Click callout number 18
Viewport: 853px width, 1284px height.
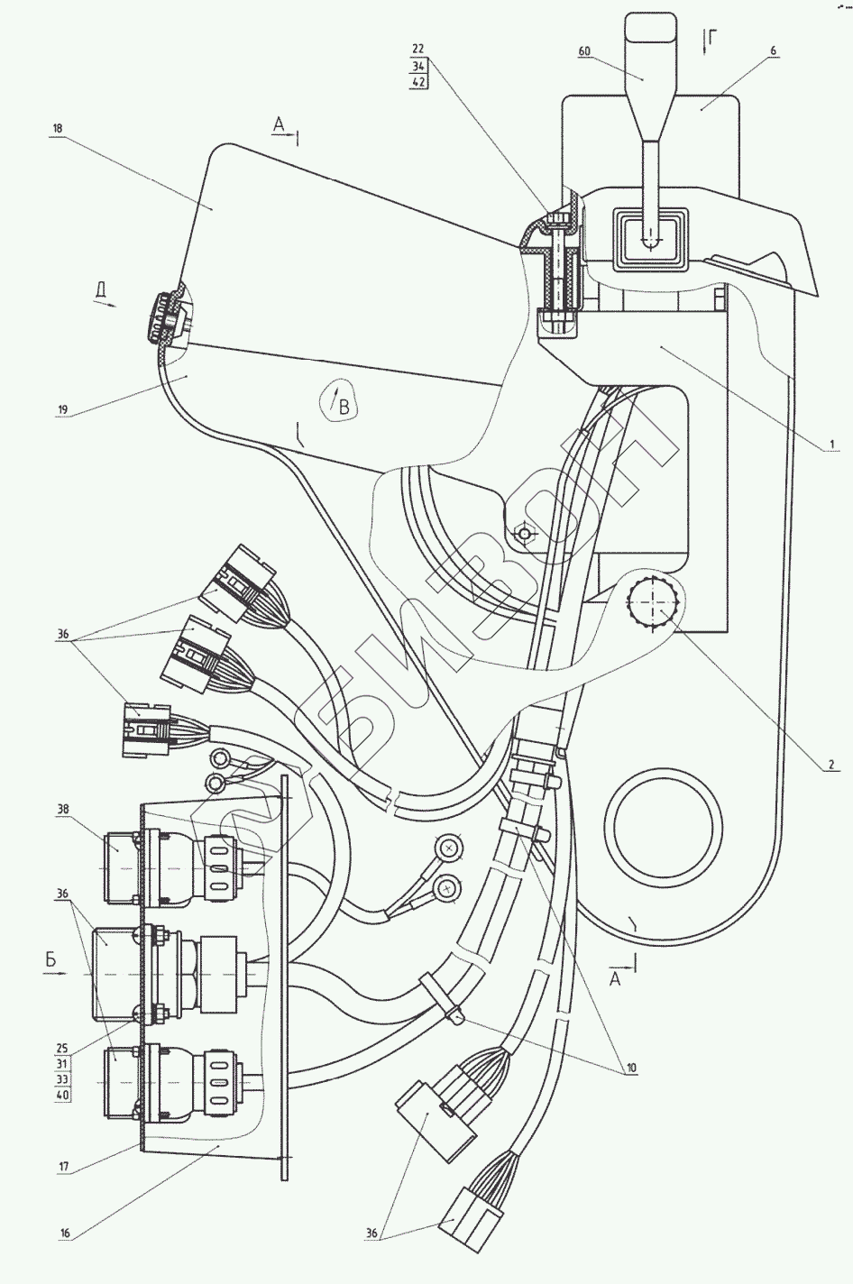tap(58, 129)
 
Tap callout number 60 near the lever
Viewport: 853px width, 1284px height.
tap(584, 51)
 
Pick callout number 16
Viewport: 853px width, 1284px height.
tap(66, 1232)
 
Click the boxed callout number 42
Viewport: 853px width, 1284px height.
tap(418, 81)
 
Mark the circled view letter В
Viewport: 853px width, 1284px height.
tap(342, 407)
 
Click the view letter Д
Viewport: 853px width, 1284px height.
tap(102, 289)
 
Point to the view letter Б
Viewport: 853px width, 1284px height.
tap(50, 961)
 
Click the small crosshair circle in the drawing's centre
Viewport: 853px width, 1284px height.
tap(524, 534)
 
